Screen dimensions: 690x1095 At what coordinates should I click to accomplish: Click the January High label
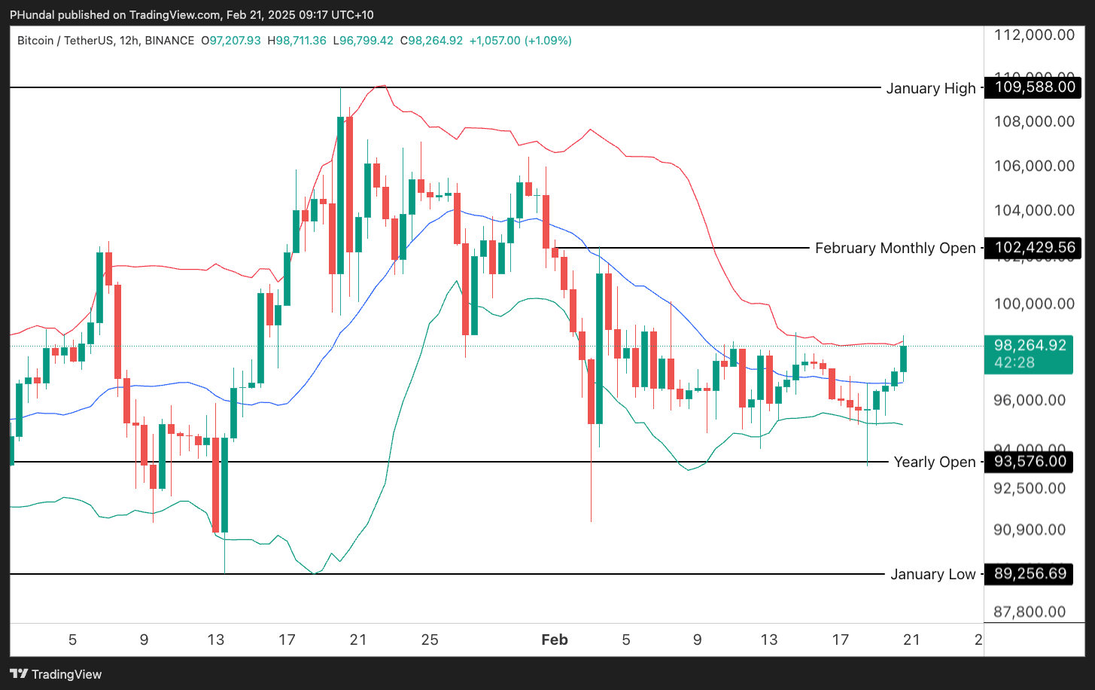(930, 88)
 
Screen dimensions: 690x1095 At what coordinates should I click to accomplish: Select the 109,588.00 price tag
(1034, 87)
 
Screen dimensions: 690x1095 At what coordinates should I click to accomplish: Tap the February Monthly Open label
(895, 248)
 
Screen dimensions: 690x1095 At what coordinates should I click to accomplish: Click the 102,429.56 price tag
(1034, 248)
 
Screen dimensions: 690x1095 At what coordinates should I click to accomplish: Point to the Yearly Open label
(934, 462)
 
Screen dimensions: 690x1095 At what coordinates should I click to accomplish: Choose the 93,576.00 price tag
(1030, 461)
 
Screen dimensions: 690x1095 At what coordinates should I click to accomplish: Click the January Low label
(932, 574)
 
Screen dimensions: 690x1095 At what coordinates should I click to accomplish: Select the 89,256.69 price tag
(1030, 573)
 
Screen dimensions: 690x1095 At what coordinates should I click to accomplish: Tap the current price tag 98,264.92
(1030, 346)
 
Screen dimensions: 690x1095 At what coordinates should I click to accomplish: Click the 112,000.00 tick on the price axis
(1034, 35)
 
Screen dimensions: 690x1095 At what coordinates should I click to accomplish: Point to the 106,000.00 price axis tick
(1034, 166)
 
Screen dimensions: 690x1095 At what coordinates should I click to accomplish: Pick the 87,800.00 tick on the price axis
(1030, 612)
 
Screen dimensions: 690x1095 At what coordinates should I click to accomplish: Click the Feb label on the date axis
(555, 640)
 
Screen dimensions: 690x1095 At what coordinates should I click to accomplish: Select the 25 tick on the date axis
(430, 640)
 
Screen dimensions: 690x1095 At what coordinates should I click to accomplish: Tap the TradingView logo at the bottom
(56, 674)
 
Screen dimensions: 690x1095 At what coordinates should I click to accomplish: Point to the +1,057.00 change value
(494, 41)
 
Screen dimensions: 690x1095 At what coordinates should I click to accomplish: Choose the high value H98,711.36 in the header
(297, 41)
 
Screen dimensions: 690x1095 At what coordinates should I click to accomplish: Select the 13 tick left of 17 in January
(215, 640)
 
